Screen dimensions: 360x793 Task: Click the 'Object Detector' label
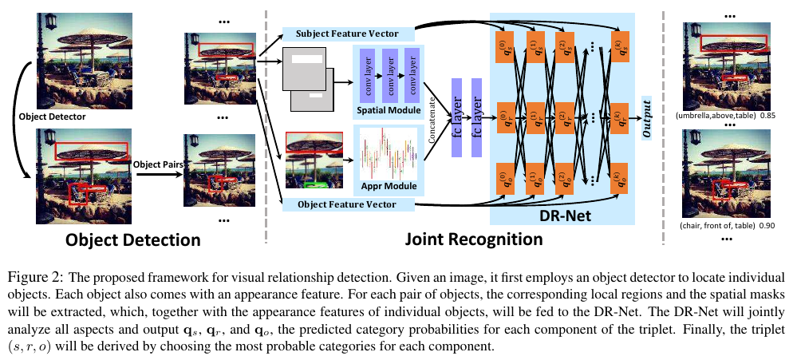(x=53, y=117)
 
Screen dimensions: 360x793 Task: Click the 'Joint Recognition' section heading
(x=473, y=239)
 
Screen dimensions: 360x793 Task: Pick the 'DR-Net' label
(x=562, y=214)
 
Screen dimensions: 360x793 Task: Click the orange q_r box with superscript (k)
(x=618, y=117)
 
